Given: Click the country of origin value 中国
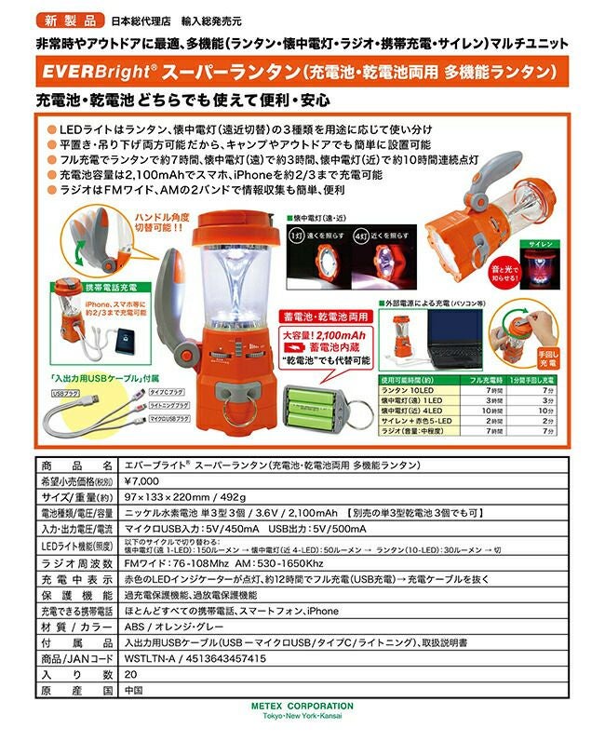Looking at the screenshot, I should tap(133, 691).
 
